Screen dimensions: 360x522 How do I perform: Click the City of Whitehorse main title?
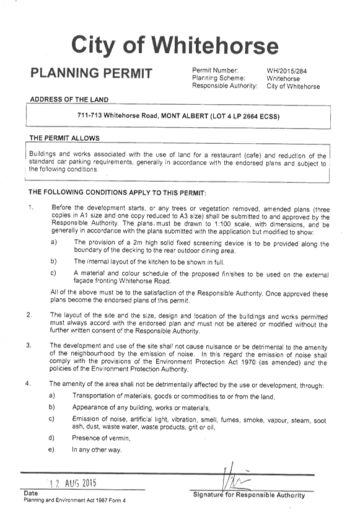(175, 46)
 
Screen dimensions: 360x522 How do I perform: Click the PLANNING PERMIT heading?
(91, 73)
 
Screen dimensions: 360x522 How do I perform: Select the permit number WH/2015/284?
(286, 71)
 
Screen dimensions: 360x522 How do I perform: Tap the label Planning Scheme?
(219, 78)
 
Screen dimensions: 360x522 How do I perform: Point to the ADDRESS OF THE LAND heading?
(69, 100)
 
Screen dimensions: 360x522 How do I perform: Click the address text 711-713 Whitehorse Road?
(118, 116)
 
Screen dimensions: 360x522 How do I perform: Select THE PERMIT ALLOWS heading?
(64, 138)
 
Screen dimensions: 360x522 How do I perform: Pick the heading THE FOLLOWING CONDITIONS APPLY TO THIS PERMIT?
(117, 192)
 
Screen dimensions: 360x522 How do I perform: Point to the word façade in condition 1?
(84, 281)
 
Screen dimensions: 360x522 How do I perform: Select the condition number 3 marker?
(29, 345)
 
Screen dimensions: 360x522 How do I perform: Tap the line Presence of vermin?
(101, 438)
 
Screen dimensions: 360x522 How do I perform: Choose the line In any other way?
(97, 449)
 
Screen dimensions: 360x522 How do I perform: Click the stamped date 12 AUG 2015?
(73, 483)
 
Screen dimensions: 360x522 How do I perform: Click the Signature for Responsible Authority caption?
(249, 495)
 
